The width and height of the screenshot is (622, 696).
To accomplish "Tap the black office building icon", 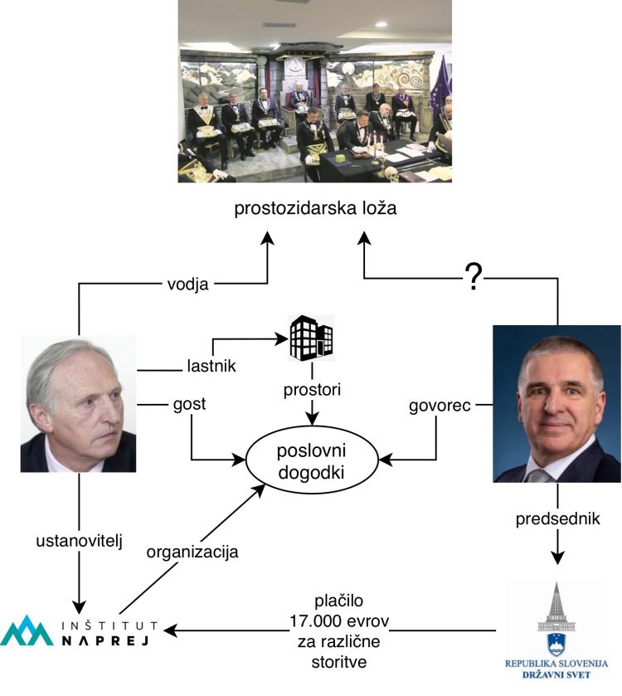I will pos(311,338).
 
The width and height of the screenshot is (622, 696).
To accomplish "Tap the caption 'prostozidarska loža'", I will pos(314,207).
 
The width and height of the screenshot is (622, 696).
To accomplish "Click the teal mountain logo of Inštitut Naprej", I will pos(27,630).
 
